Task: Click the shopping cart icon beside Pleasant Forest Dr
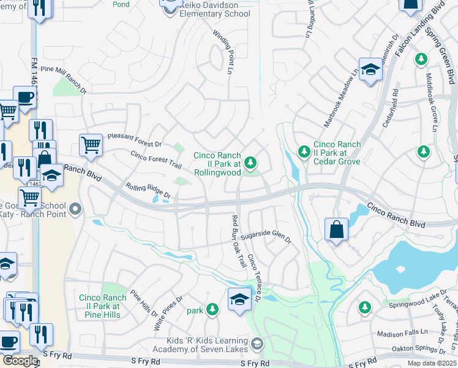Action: coord(91,145)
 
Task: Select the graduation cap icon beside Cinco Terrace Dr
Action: coord(240,299)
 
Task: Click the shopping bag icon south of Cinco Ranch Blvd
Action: coord(337,229)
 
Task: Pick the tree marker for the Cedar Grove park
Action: coord(303,151)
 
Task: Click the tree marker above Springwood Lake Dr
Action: coord(364,307)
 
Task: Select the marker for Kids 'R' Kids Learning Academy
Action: coord(257,343)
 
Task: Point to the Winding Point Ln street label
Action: coord(223,53)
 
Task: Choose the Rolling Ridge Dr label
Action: coord(148,190)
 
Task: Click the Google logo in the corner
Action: coord(20,361)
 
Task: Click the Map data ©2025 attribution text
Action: coord(431,363)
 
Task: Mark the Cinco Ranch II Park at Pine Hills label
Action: coord(103,306)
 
